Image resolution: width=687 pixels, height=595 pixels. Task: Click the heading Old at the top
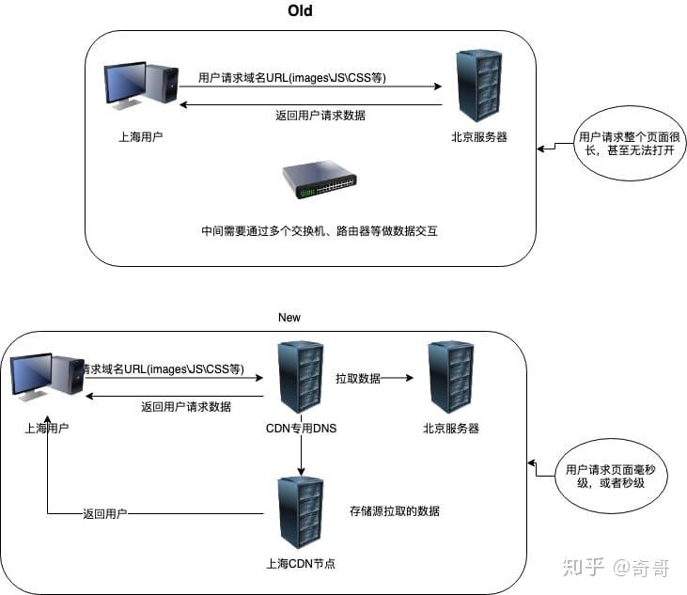coord(299,11)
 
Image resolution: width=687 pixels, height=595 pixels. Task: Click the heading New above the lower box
coord(289,318)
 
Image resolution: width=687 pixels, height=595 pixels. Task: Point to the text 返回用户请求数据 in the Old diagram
coord(320,116)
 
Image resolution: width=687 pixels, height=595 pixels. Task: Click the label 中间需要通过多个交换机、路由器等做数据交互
coord(320,230)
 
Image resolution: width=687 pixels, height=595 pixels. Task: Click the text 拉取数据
coord(357,378)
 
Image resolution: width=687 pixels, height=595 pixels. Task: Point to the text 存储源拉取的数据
coord(394,511)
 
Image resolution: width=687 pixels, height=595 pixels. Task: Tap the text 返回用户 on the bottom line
coord(104,514)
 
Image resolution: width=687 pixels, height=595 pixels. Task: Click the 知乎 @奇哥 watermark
coord(616,567)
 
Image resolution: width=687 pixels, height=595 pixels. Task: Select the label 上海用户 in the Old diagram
coord(140,137)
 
